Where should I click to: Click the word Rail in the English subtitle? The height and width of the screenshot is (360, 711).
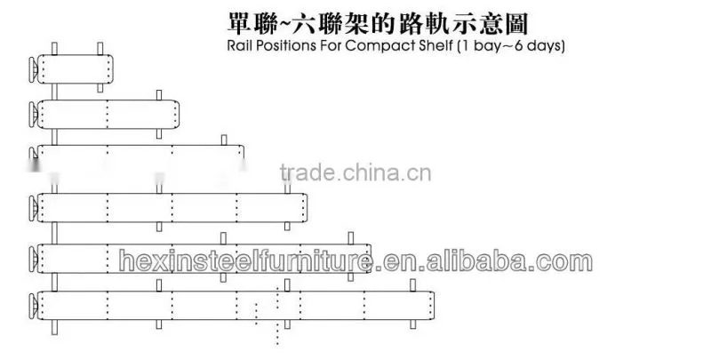(x=239, y=46)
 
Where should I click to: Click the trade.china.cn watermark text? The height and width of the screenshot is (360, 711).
(x=355, y=172)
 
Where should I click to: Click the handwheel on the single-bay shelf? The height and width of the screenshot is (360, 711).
(x=33, y=69)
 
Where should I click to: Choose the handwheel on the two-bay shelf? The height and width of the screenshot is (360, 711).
(x=33, y=115)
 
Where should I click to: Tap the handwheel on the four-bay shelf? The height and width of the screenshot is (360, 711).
(x=33, y=208)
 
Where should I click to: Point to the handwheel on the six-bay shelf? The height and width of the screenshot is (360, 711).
(x=33, y=305)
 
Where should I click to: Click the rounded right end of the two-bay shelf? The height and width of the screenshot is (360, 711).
(x=176, y=115)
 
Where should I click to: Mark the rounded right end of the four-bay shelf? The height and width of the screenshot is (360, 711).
(x=305, y=208)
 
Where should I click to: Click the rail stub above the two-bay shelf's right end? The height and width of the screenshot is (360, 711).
(x=159, y=95)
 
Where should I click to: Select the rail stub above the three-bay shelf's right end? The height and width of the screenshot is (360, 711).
(x=224, y=140)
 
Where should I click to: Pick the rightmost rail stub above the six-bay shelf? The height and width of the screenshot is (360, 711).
(x=412, y=284)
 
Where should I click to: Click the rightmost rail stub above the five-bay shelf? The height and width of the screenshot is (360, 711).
(x=350, y=238)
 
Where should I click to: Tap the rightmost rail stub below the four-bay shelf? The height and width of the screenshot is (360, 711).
(x=287, y=226)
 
